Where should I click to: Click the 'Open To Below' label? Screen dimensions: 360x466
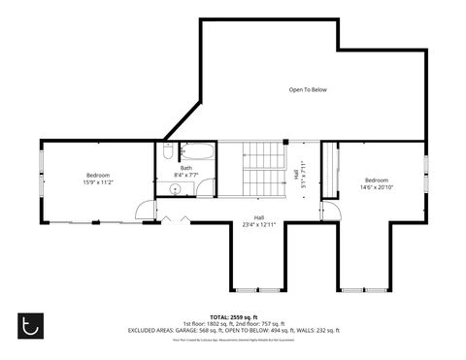[308, 90]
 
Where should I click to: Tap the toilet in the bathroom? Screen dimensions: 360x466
[168, 152]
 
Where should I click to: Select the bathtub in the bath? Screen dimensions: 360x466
[199, 152]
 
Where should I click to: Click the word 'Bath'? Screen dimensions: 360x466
[185, 168]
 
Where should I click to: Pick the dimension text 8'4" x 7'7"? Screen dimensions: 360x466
[185, 175]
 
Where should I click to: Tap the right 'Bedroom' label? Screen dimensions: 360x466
[377, 180]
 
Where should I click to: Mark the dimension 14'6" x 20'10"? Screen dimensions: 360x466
[377, 186]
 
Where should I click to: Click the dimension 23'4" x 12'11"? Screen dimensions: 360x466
[259, 224]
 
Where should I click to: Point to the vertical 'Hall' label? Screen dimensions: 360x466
[295, 176]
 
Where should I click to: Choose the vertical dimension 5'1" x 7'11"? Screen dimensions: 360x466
[302, 176]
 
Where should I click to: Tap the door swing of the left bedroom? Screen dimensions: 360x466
[143, 209]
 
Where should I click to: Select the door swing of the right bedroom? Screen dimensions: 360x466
[330, 211]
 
